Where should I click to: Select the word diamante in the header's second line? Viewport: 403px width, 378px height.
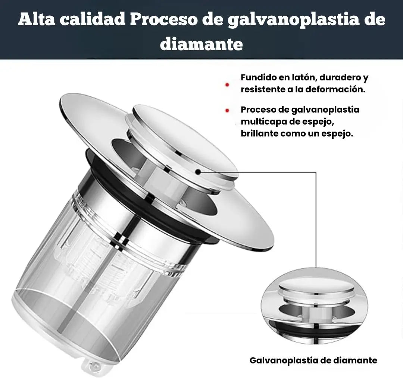pos(201,44)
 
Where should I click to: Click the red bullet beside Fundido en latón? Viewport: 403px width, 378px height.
pos(227,85)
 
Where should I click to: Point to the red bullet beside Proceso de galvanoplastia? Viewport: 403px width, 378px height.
pos(227,111)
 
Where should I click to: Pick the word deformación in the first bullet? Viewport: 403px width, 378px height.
pos(335,90)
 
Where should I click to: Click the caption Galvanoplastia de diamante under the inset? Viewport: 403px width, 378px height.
pos(313,360)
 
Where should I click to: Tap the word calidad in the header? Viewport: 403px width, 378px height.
pos(94,19)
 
